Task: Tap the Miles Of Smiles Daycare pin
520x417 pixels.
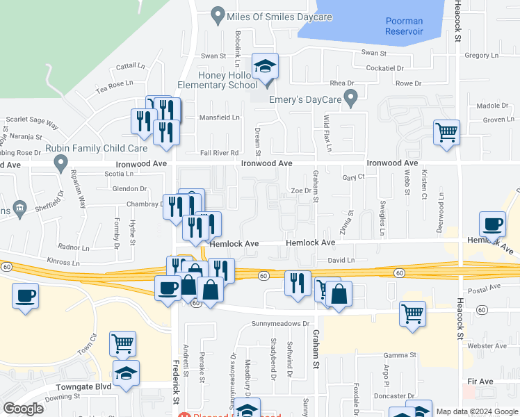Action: pyautogui.click(x=218, y=14)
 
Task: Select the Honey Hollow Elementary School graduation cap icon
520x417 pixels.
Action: pyautogui.click(x=265, y=66)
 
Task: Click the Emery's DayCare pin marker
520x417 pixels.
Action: pyautogui.click(x=352, y=98)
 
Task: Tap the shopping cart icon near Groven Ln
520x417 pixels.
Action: pyautogui.click(x=446, y=131)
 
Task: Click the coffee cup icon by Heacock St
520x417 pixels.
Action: pyautogui.click(x=493, y=224)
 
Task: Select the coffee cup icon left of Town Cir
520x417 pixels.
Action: pyautogui.click(x=25, y=297)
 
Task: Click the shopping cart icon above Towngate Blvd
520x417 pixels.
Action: pyautogui.click(x=122, y=343)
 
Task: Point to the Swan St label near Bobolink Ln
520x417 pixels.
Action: pyautogui.click(x=213, y=56)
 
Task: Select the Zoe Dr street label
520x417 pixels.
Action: pyautogui.click(x=299, y=190)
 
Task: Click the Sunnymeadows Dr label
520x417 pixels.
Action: pyautogui.click(x=280, y=324)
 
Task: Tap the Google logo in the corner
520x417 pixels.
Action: pyautogui.click(x=24, y=409)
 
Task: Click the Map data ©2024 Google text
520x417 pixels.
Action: pyautogui.click(x=476, y=411)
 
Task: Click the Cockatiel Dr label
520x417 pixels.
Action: pyautogui.click(x=393, y=68)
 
